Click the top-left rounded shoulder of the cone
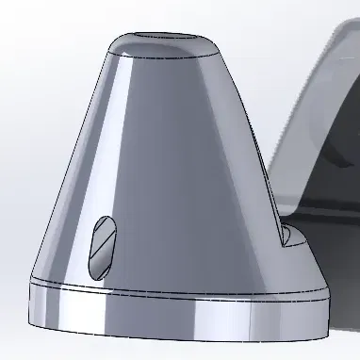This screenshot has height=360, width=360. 111,47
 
